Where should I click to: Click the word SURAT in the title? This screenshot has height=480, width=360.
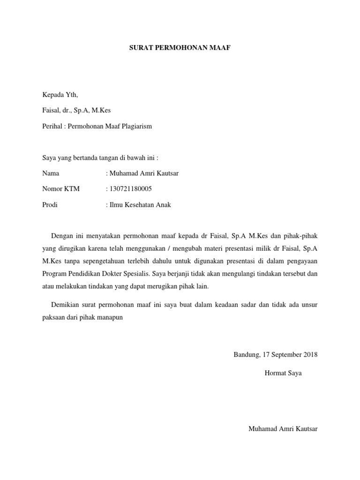(x=140, y=48)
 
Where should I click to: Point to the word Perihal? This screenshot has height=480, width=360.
(x=52, y=127)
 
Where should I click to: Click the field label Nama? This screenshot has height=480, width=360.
(x=51, y=173)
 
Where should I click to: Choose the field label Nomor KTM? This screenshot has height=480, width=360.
(x=61, y=189)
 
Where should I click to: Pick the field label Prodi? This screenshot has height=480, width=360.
(x=50, y=205)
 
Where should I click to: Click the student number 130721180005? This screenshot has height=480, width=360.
(x=131, y=189)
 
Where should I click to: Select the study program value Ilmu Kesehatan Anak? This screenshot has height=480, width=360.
(x=140, y=205)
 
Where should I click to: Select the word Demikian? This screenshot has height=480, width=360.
(x=66, y=305)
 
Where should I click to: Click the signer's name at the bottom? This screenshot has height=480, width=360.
(x=283, y=429)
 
